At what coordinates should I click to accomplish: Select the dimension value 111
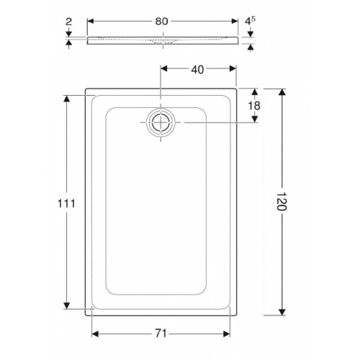coord(66,203)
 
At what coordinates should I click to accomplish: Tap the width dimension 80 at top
coord(161,21)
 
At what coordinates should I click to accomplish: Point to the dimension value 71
coord(161,333)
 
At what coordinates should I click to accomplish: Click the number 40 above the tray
coord(198,69)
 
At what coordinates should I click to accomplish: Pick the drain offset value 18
coord(254,106)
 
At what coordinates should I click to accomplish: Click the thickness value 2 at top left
coord(68,22)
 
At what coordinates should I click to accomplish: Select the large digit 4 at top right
coord(246,21)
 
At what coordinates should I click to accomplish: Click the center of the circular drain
coord(160,122)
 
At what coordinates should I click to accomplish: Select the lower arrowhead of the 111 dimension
coord(66,305)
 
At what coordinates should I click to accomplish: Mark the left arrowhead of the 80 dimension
coord(90,21)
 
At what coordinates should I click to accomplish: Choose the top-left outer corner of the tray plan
coord(86,90)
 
